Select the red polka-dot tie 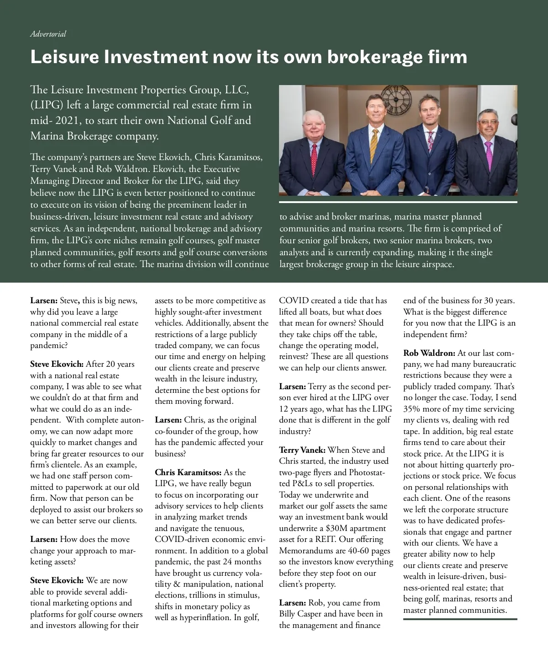[x=314, y=157]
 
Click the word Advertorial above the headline [x=48, y=34]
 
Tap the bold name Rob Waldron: [x=429, y=353]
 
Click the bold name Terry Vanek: [x=302, y=450]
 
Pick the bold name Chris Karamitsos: [x=188, y=472]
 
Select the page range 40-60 [x=360, y=551]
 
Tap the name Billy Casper [x=300, y=614]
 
